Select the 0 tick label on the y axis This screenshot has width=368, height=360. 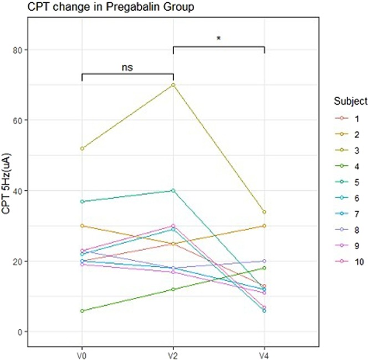tap(20, 332)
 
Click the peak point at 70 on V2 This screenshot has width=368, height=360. tap(173, 85)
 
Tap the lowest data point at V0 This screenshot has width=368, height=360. tap(82, 311)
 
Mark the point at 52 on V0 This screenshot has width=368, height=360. tap(82, 148)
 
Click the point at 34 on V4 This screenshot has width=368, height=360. tap(264, 212)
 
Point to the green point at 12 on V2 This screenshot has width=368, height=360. tap(173, 290)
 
